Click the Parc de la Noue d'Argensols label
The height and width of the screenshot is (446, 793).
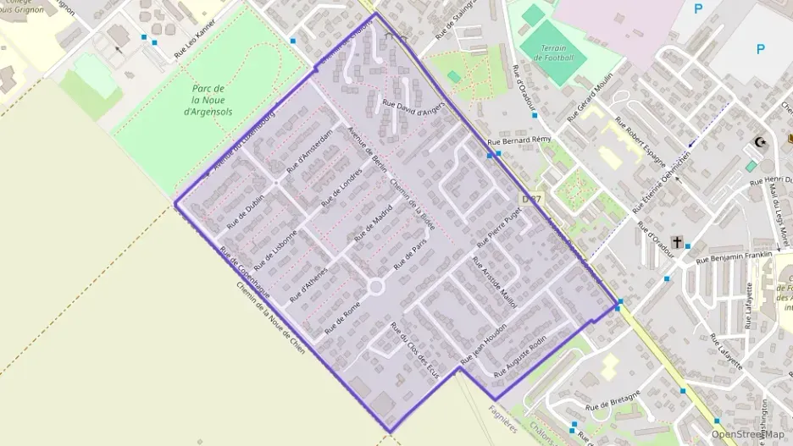(x=208, y=100)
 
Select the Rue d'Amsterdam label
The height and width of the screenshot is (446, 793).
(x=309, y=152)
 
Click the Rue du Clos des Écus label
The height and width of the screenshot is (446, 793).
(x=413, y=349)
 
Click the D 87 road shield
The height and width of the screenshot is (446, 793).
(x=530, y=199)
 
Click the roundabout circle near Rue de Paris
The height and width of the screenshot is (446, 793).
(x=376, y=287)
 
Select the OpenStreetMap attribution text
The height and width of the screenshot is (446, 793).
(x=747, y=434)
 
